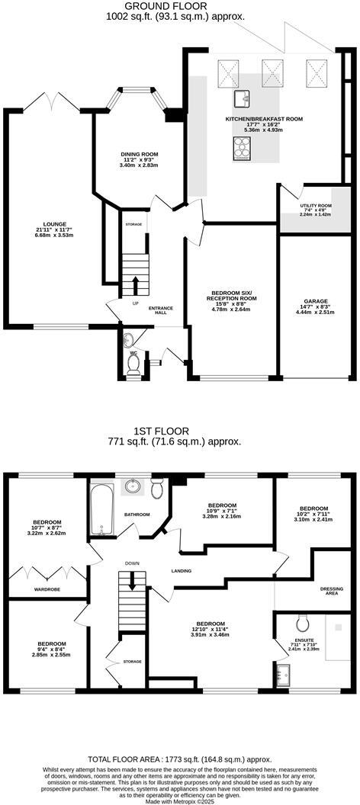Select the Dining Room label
coord(139,154)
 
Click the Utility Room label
coord(315,206)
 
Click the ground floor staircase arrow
coord(136,285)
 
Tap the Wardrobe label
coord(47,589)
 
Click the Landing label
coord(181,570)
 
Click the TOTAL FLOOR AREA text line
coord(179,759)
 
